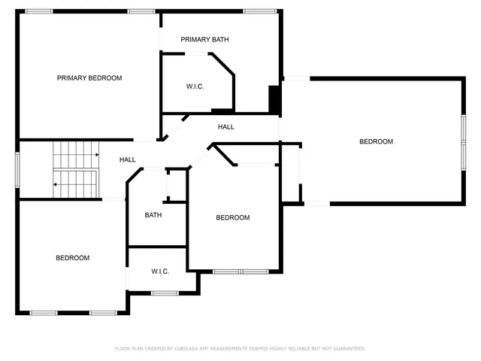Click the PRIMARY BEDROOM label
[x=89, y=77]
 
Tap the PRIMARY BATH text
[x=204, y=39]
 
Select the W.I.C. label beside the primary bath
[x=195, y=86]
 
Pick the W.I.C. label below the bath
[x=159, y=271]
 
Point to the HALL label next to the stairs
[x=128, y=159]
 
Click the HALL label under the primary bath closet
[x=225, y=127]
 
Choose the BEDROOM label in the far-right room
[x=376, y=141]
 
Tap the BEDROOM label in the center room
[x=232, y=218]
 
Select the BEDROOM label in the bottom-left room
[x=72, y=258]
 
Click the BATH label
[x=153, y=215]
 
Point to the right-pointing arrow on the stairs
[x=96, y=155]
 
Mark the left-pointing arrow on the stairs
[x=55, y=184]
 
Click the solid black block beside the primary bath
[x=274, y=99]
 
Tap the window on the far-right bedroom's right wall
[x=463, y=140]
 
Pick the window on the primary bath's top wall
[x=259, y=11]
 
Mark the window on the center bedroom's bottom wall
[x=240, y=271]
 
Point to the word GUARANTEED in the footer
[x=348, y=348]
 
